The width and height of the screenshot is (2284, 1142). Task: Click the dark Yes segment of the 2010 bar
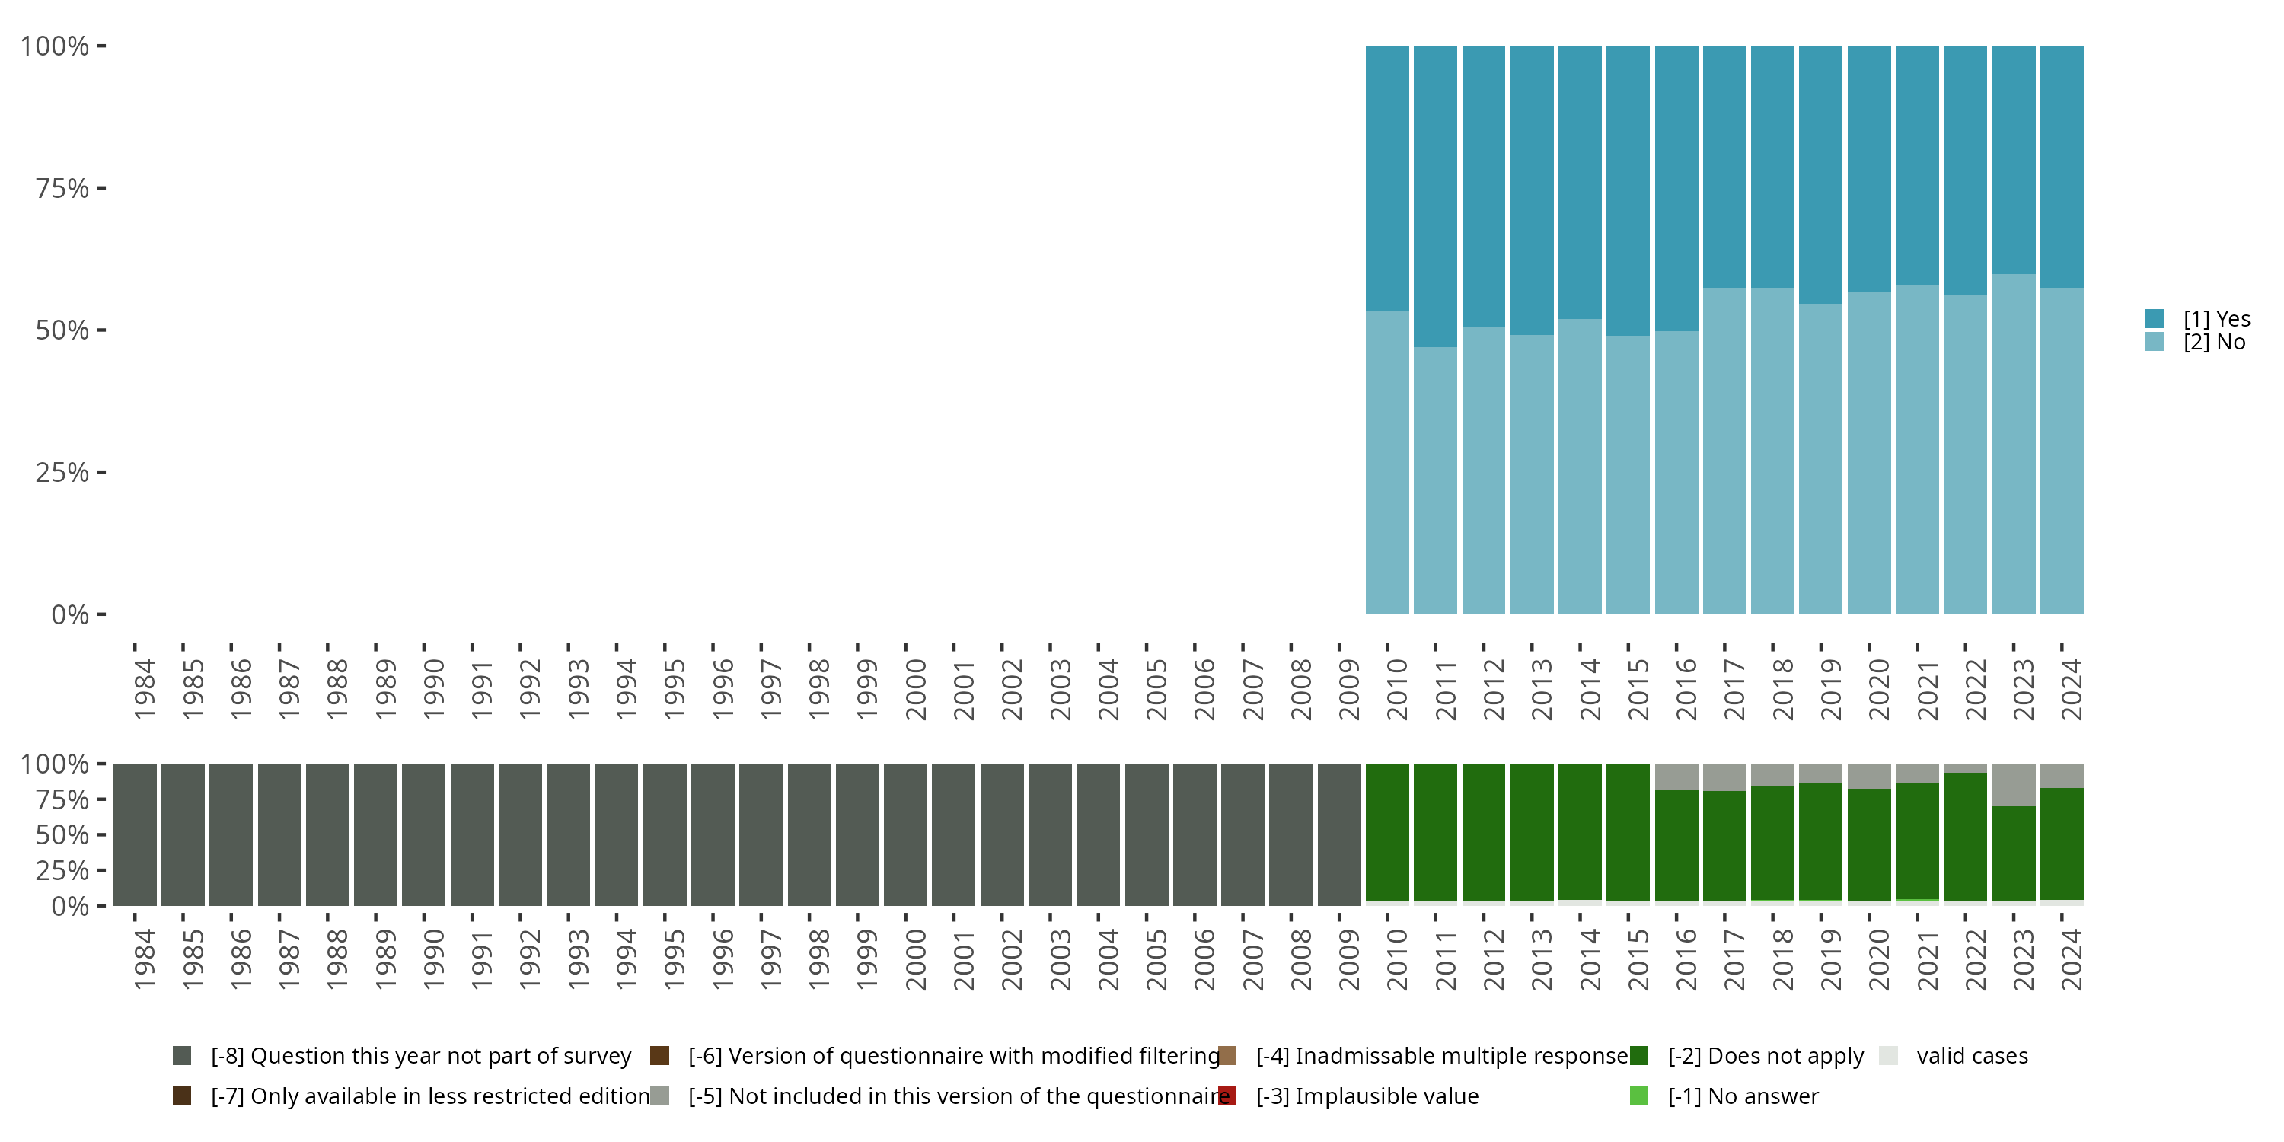(1386, 177)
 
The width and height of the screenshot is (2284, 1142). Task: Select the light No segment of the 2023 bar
(2014, 443)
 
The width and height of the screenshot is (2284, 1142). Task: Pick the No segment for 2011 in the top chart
(1435, 480)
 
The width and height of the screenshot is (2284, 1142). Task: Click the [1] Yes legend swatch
(2155, 318)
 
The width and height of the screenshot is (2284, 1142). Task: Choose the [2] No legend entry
(2214, 343)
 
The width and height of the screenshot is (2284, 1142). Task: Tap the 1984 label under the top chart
(145, 689)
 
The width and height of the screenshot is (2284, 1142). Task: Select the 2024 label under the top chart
(2071, 689)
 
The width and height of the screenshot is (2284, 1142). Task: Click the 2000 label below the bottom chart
(915, 959)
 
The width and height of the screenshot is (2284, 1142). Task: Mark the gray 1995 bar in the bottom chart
(665, 834)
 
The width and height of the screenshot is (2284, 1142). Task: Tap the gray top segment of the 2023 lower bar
(2014, 784)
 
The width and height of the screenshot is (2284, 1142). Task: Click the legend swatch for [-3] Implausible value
(1228, 1096)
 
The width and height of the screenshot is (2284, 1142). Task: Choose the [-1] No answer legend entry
(1742, 1096)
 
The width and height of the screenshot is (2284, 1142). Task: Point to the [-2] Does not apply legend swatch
(1639, 1056)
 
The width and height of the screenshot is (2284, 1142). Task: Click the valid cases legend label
(1972, 1056)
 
